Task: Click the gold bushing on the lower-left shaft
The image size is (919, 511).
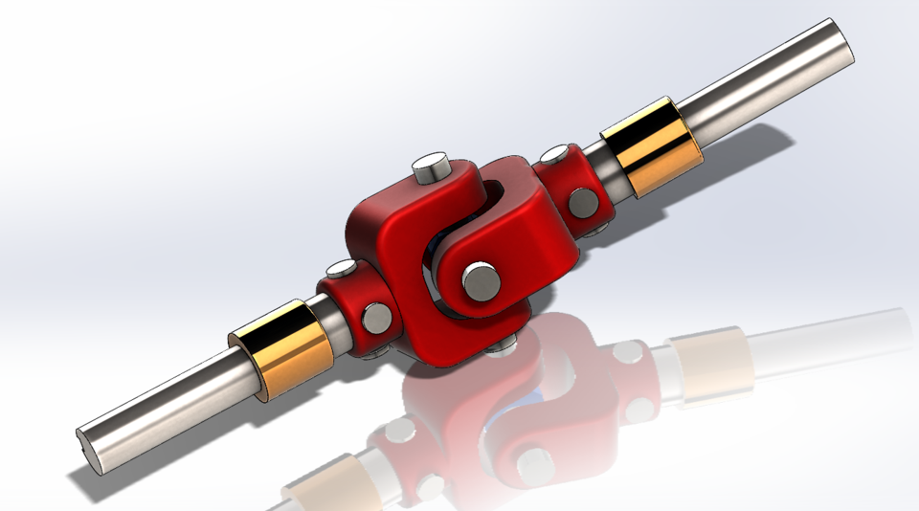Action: [282, 350]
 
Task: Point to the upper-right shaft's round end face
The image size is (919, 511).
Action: [840, 44]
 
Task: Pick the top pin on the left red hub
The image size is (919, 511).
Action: [342, 270]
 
